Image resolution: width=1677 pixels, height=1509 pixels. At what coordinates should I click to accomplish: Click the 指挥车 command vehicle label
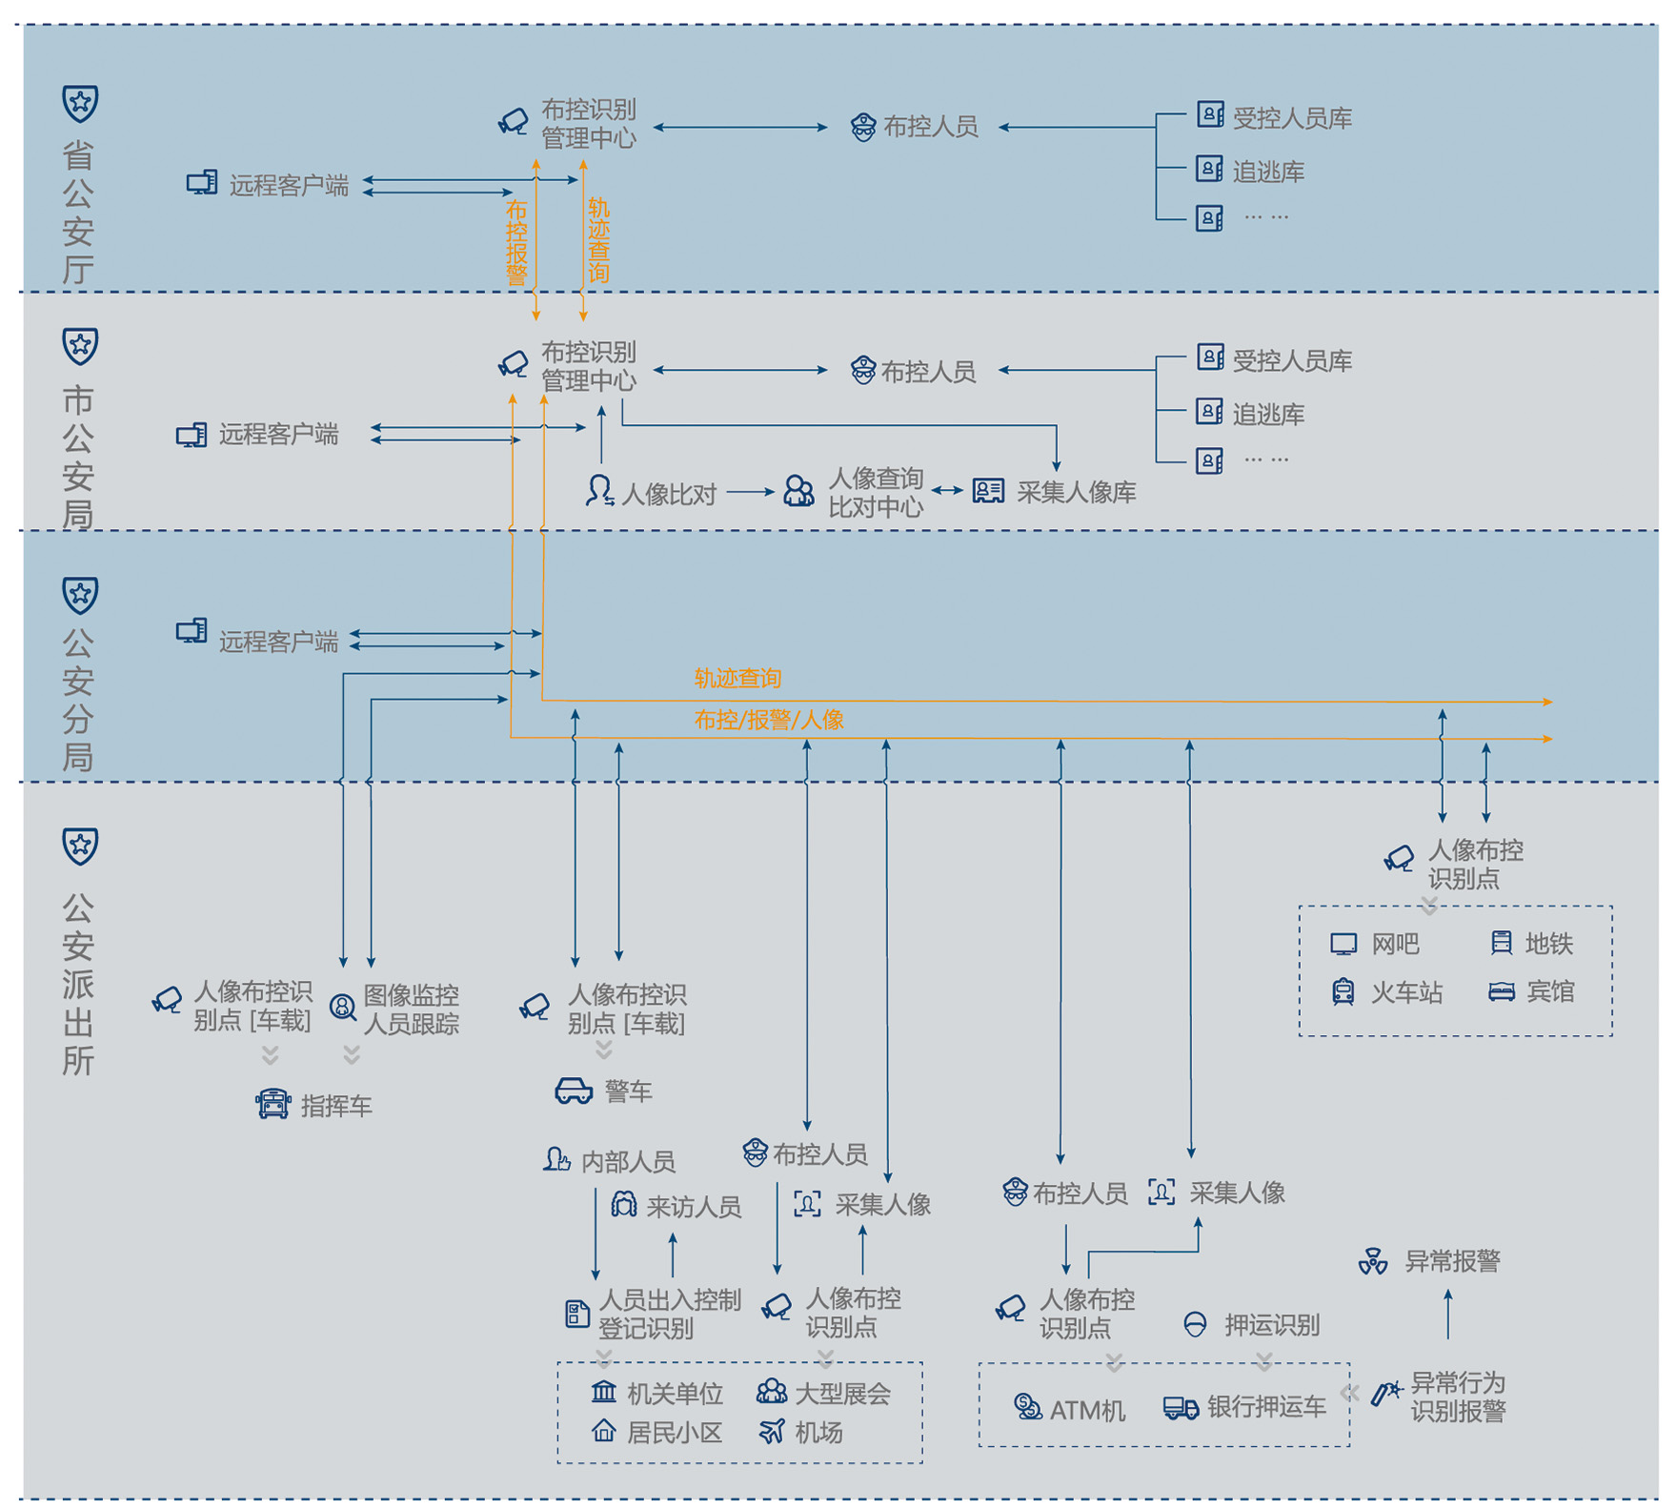[335, 1106]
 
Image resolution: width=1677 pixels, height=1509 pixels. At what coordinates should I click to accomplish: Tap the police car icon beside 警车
[574, 1091]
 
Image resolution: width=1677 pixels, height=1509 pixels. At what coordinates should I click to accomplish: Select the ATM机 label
[1087, 1410]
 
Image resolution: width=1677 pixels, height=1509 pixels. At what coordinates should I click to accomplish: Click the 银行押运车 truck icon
[1181, 1408]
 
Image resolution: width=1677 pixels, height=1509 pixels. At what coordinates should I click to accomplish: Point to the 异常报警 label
[1452, 1262]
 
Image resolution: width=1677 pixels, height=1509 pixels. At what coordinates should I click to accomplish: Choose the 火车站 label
[1406, 992]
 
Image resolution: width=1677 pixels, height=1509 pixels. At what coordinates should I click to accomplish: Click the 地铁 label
[1548, 944]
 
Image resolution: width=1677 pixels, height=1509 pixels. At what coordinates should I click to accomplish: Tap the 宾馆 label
[1550, 992]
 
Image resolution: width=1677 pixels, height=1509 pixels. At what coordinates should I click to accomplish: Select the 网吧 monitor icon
[1344, 945]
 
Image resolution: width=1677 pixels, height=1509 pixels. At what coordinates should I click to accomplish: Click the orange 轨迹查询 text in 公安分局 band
[737, 679]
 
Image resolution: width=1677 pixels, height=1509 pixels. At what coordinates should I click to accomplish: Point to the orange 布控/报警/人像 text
[769, 720]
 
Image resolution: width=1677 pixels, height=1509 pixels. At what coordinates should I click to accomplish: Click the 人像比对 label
[668, 494]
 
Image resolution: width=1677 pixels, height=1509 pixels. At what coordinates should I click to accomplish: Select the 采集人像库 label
[1076, 493]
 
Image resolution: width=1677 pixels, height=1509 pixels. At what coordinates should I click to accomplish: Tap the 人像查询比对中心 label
[875, 493]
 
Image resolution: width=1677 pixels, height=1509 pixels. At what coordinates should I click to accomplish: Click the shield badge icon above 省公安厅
[80, 103]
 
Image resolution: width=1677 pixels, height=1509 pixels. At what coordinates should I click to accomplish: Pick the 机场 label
[818, 1432]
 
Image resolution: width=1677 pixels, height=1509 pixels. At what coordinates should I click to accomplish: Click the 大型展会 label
[842, 1394]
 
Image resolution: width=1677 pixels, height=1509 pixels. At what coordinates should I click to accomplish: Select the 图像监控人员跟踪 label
[411, 1009]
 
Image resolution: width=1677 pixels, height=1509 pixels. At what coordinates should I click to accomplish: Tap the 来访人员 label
[694, 1207]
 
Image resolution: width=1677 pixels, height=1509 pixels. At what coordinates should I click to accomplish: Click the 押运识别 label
[1271, 1325]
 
